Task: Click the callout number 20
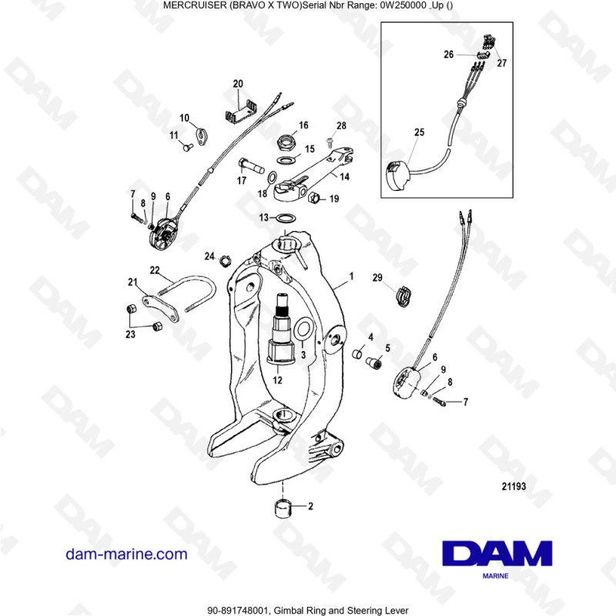pos(238,83)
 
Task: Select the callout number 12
pos(278,379)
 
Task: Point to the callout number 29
pos(377,277)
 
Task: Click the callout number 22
pos(155,270)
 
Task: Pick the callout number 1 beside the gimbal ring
pos(351,275)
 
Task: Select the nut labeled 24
pos(226,259)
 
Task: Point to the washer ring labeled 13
pos(283,219)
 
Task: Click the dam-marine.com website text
pos(127,554)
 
